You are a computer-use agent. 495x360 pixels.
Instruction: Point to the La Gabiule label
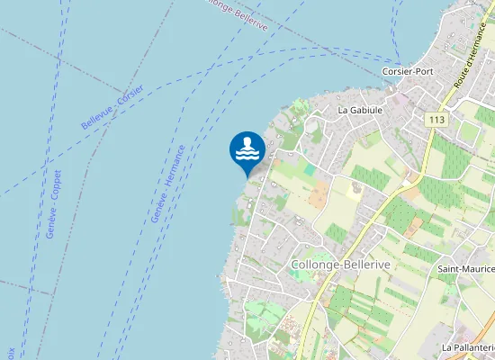360,110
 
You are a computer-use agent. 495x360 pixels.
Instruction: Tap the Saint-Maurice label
466,269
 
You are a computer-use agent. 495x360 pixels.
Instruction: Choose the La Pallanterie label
469,346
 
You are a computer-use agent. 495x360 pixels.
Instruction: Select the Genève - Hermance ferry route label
168,184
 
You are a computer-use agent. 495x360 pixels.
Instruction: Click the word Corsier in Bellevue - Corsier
135,83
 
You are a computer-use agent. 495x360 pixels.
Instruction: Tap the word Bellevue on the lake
95,113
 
